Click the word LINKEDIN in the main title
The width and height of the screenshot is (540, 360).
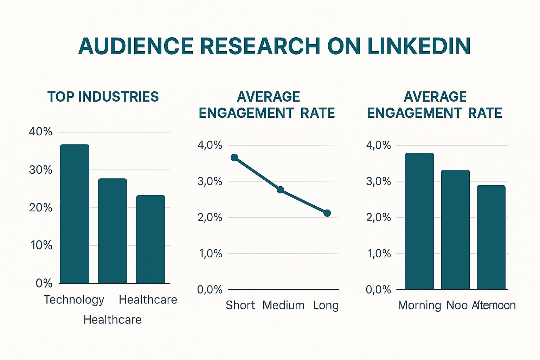(x=419, y=46)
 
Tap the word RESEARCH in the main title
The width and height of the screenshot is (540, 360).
(x=261, y=46)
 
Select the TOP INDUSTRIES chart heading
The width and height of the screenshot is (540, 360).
(x=103, y=97)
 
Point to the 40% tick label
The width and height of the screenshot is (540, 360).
(x=40, y=131)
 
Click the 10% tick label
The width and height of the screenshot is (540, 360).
(x=41, y=245)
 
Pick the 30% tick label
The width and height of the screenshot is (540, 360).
(x=40, y=170)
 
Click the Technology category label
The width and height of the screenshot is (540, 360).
(x=74, y=300)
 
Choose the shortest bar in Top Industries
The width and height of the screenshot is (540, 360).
(x=150, y=239)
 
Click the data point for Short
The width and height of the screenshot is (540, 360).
(x=234, y=157)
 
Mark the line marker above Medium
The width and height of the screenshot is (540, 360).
(x=280, y=190)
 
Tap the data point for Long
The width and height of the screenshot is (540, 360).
(x=327, y=213)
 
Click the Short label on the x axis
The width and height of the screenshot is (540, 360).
(x=240, y=305)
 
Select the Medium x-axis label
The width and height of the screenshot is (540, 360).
(x=283, y=305)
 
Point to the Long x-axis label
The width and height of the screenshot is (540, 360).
(x=326, y=305)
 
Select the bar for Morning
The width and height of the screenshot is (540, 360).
(x=419, y=221)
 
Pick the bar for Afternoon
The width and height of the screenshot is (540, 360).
(x=491, y=237)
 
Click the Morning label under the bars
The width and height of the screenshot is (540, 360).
(x=419, y=305)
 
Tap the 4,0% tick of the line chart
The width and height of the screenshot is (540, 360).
(x=210, y=145)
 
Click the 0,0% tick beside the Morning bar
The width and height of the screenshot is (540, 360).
(x=378, y=290)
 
